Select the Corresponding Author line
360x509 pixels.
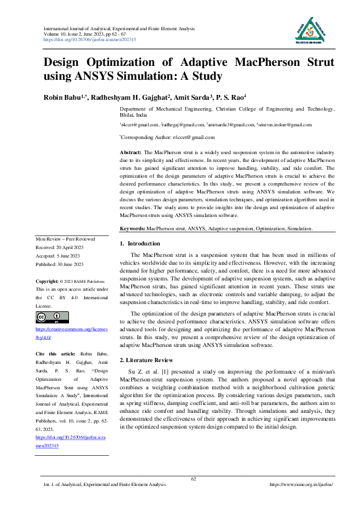(159, 137)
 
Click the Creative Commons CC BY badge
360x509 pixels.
(53, 317)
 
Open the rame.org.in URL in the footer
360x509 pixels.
(301, 485)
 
